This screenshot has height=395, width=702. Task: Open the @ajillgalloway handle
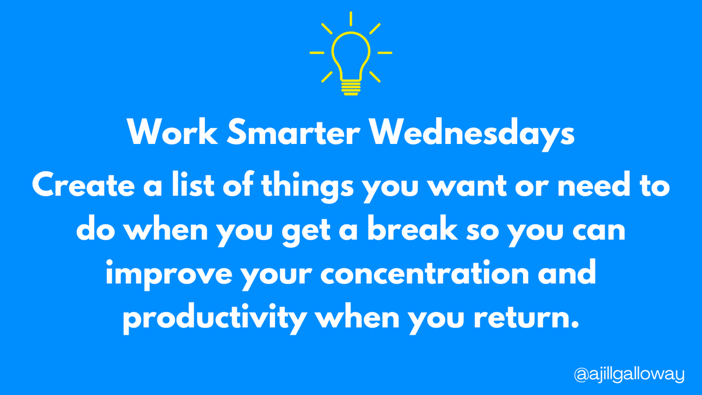628,373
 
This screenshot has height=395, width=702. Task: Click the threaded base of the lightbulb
350,87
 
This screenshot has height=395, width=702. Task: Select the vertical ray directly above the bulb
350,18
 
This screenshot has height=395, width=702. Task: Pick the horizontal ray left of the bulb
316,53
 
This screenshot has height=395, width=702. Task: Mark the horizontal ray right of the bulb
384,53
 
